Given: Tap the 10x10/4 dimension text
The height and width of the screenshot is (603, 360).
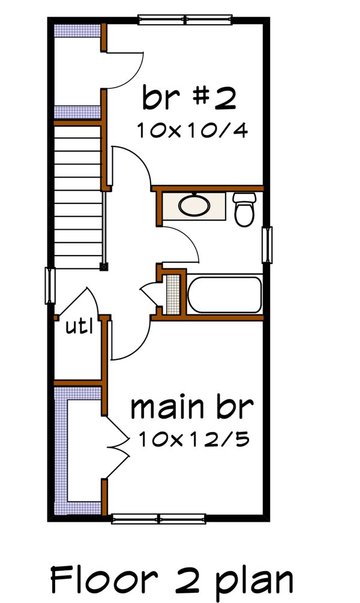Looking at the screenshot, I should pos(191,131).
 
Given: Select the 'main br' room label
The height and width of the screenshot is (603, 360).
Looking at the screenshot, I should pos(192,408).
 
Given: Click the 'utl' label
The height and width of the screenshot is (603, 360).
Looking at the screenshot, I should pos(79,328).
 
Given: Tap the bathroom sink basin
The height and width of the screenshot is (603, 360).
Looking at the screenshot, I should pos(194,206).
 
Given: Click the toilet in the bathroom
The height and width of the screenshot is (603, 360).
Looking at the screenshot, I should pos(244,210).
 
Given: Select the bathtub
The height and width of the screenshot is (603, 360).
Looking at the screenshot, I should pos(224,295).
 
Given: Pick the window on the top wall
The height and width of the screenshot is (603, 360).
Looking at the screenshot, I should pos(185,20).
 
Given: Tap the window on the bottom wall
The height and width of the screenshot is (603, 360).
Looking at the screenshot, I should pos(158,519).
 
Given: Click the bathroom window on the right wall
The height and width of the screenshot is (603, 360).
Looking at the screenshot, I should pos(268,245).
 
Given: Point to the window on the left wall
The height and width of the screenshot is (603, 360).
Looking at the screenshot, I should pos(51,286).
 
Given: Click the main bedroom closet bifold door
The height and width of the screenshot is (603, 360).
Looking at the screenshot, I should pos(117,447).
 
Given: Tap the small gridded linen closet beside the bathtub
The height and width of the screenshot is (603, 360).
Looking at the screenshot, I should pos(173,295).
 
